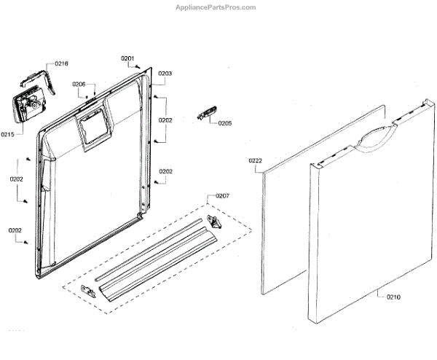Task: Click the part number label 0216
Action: point(61,64)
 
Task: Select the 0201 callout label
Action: point(127,58)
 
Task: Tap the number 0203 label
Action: point(165,74)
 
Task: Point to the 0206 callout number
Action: point(79,85)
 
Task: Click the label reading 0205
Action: point(224,123)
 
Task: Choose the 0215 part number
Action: point(8,134)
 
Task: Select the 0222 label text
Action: point(255,160)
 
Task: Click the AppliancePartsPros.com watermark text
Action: point(216,7)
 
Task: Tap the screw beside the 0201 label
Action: point(138,67)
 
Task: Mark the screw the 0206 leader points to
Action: point(87,97)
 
